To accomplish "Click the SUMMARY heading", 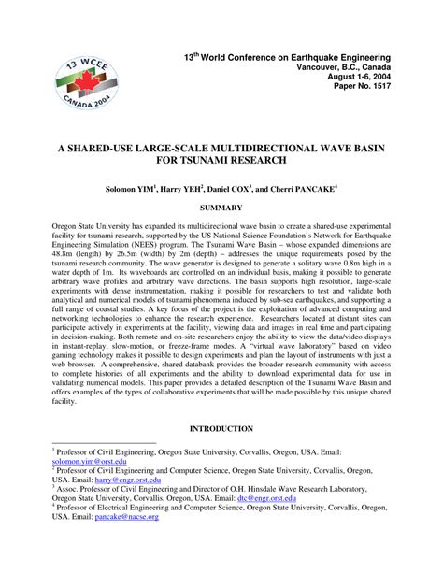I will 221,206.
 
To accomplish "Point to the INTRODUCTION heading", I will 221,429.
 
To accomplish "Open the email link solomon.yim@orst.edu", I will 90,461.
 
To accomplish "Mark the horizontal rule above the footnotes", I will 104,444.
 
